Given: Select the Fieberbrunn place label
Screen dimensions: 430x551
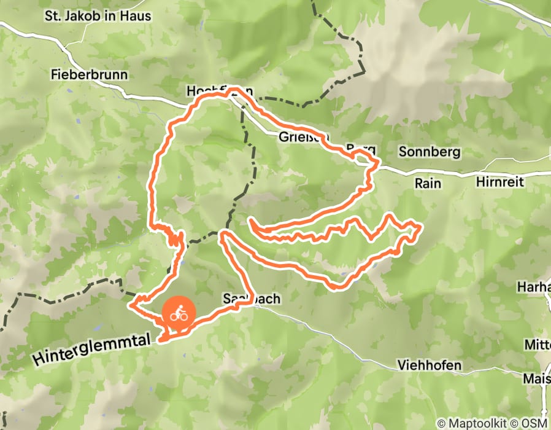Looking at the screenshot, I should pyautogui.click(x=90, y=75).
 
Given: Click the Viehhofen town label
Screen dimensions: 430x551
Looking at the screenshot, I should pyautogui.click(x=430, y=365).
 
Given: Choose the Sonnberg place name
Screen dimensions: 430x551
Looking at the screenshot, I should pyautogui.click(x=430, y=151).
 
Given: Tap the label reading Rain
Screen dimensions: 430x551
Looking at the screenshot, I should pyautogui.click(x=428, y=183).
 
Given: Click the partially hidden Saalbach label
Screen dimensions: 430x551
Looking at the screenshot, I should pyautogui.click(x=252, y=299).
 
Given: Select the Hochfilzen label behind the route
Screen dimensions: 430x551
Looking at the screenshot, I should pyautogui.click(x=219, y=91).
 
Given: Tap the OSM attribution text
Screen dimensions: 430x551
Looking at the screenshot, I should pyautogui.click(x=533, y=423).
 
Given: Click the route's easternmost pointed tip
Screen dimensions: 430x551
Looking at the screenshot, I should pyautogui.click(x=421, y=228).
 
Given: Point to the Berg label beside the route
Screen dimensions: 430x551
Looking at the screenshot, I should pyautogui.click(x=360, y=150).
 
